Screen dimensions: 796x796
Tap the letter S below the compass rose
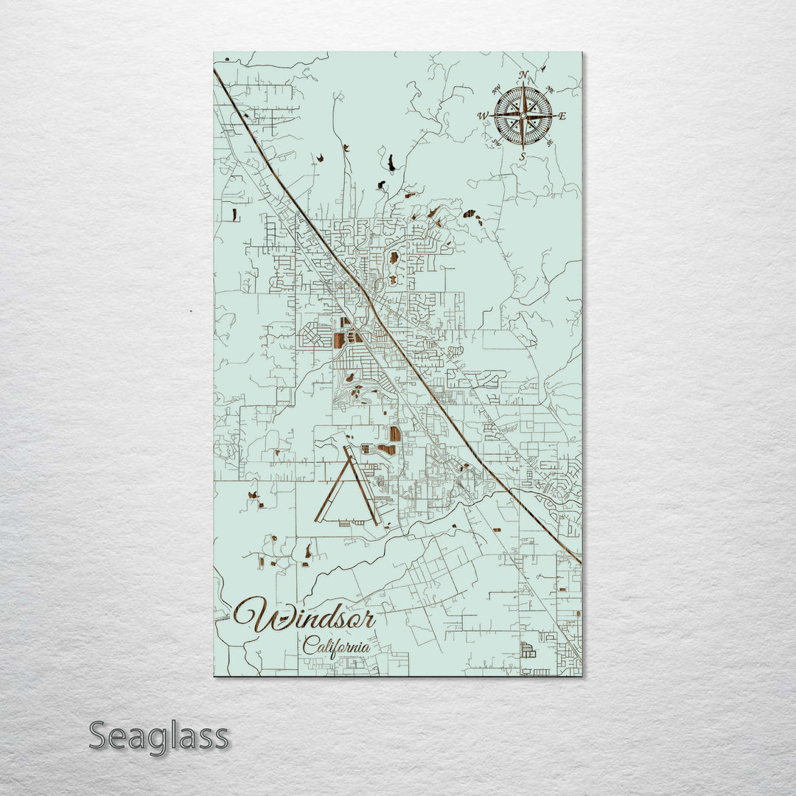point(522,156)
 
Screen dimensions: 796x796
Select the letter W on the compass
point(483,116)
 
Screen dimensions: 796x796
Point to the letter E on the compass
point(562,116)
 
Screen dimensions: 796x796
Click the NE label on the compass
point(549,91)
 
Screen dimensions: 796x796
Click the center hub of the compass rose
point(523,116)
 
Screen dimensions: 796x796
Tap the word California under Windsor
point(336,646)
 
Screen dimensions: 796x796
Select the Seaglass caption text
point(158,736)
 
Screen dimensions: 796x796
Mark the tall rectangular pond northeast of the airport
point(395,433)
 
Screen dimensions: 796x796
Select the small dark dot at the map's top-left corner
point(227,58)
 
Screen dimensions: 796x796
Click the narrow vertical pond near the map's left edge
point(235,215)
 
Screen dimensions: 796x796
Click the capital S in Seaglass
point(100,736)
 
